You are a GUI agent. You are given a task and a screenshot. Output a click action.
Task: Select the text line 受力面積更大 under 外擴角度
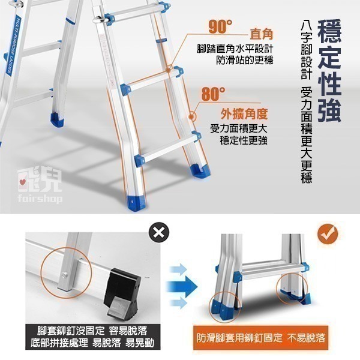coord(239,128)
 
